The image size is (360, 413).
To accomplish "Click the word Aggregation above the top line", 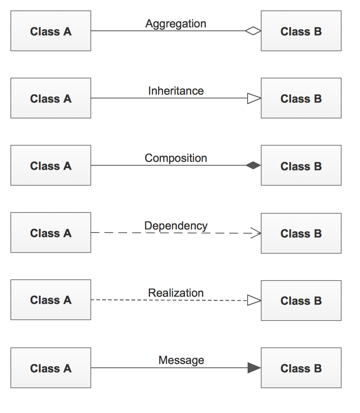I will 176,24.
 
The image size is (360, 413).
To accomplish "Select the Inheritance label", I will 176,91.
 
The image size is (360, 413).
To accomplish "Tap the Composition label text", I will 176,158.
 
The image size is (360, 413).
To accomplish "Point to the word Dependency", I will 176,226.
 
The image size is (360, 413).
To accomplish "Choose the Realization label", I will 176,293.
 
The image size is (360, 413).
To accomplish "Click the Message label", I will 181,361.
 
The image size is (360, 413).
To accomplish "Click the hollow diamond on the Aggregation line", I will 253,31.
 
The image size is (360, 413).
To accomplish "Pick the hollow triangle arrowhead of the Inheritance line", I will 254,98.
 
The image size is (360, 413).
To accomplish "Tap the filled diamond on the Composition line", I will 253,165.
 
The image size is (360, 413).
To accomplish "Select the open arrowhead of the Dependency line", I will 256,233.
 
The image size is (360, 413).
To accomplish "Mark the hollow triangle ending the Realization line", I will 254,300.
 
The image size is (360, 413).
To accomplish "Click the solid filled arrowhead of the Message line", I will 254,368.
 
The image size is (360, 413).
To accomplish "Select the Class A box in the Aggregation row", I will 51,31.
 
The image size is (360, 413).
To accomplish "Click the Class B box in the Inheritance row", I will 301,98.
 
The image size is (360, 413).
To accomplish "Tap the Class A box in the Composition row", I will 51,165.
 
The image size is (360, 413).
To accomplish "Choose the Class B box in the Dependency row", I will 301,233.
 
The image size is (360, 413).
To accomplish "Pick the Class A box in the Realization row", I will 51,300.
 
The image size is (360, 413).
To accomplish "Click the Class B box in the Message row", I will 301,368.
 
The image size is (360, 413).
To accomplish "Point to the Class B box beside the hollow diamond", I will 301,31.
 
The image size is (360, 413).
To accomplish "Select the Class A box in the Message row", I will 51,368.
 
